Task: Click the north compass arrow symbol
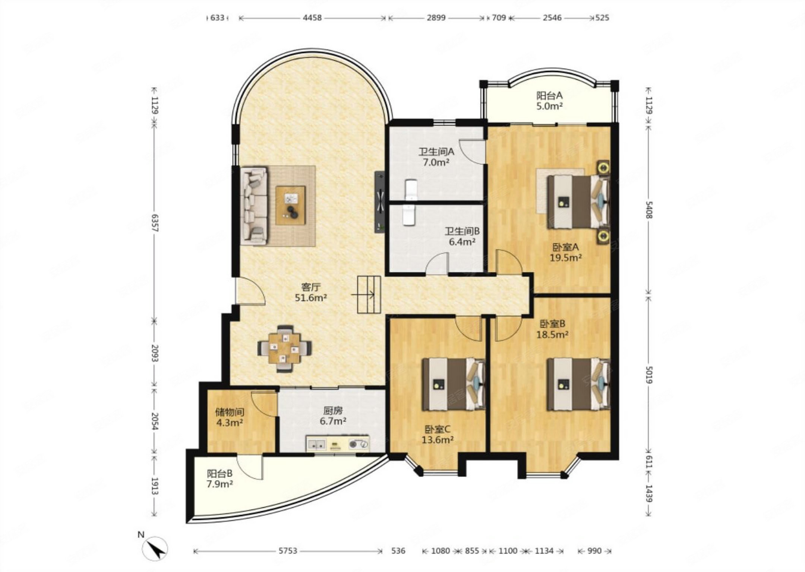point(156,549)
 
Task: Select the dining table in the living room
point(285,349)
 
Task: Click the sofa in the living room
point(254,206)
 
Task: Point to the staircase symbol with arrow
point(369,295)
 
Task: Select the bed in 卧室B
point(578,384)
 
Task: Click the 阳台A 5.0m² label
point(549,101)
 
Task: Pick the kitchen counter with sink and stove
point(338,444)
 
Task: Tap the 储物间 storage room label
point(230,412)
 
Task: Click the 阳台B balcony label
point(220,474)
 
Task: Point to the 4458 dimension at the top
point(312,18)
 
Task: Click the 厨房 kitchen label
point(333,411)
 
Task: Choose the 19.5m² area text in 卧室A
point(566,257)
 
